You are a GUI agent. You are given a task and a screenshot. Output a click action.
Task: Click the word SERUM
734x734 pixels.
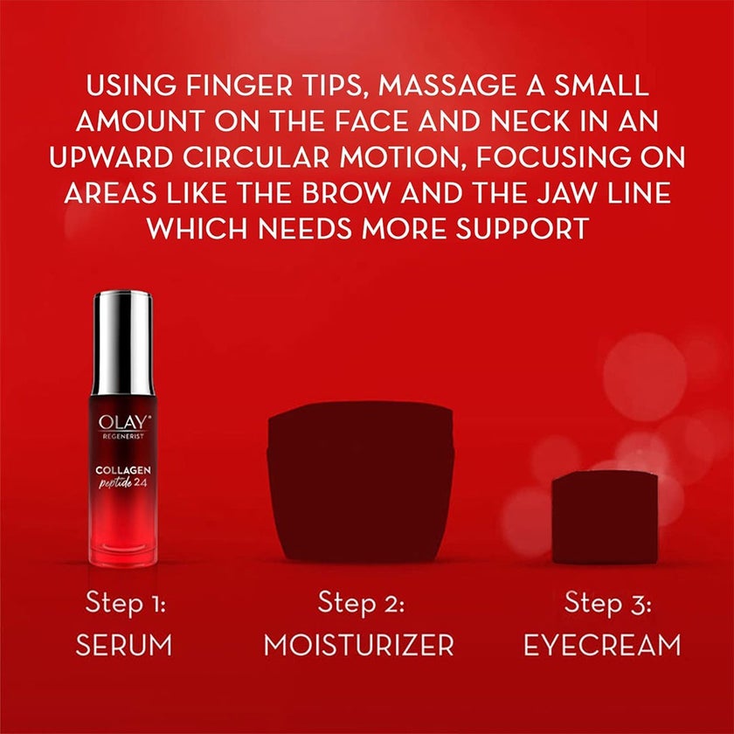point(124,646)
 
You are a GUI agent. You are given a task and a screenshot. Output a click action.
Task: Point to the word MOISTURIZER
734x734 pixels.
point(359,646)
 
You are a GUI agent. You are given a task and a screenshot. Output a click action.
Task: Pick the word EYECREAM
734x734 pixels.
point(603,646)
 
